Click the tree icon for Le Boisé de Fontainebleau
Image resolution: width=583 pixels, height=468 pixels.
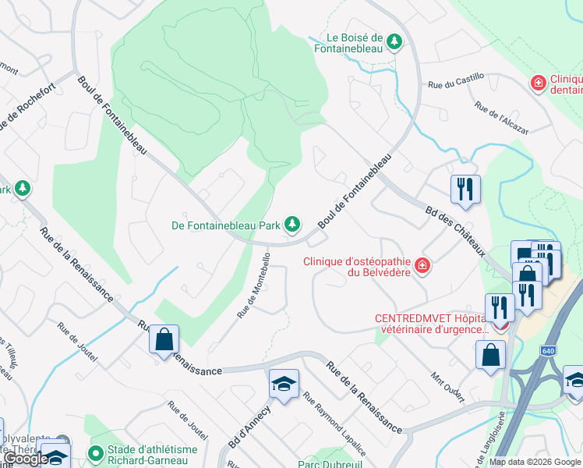coord(395,41)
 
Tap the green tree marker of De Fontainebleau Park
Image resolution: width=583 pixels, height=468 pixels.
coord(292,225)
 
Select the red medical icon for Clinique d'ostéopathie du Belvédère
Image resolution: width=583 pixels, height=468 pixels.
coord(422,266)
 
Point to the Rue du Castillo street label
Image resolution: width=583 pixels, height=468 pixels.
coord(456,80)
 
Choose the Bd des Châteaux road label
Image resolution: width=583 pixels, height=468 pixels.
coord(456,231)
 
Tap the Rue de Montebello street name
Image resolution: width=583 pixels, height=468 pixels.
coord(254,285)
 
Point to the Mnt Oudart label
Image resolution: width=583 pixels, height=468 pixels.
coord(447,387)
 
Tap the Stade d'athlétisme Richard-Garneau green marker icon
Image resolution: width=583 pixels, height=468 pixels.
coord(97,452)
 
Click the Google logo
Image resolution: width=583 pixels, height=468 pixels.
coord(26,459)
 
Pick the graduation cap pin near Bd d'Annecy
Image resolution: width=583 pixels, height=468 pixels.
coord(283,384)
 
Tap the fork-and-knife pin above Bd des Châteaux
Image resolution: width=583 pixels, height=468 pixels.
coord(465,189)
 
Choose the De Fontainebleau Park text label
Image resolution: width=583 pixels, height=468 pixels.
coord(226,225)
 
